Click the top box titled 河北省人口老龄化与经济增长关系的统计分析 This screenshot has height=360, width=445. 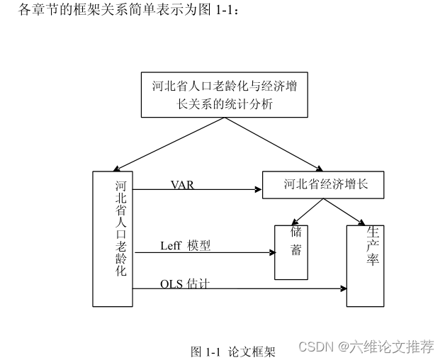[x=224, y=95]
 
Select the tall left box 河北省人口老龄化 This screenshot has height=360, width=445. [x=113, y=238]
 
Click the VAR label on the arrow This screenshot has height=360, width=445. [x=182, y=184]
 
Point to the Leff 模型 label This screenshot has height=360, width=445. [x=185, y=246]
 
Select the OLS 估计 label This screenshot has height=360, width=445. [x=184, y=283]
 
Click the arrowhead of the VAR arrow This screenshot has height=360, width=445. [x=258, y=189]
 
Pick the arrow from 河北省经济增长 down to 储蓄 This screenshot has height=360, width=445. [x=307, y=211]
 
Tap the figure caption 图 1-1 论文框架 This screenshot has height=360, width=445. [x=232, y=351]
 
